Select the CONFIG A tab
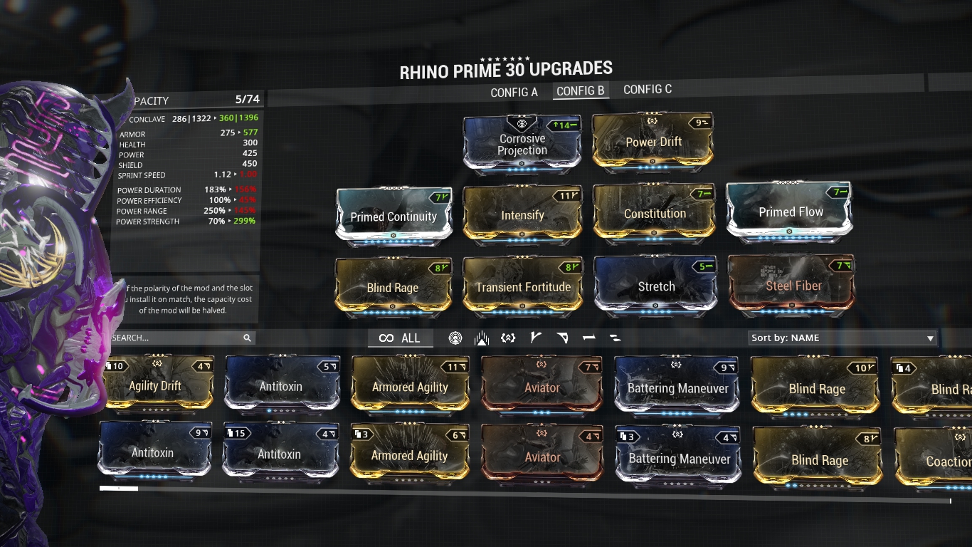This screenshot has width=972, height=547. click(514, 93)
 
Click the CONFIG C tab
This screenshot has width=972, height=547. click(648, 89)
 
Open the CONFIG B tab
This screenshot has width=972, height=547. click(581, 91)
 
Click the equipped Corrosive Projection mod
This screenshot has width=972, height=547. click(522, 145)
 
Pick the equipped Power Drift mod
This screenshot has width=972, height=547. click(653, 142)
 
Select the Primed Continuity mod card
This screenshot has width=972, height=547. click(393, 217)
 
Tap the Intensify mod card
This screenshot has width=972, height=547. click(522, 215)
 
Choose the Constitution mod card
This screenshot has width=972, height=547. click(655, 214)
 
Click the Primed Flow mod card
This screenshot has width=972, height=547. click(791, 212)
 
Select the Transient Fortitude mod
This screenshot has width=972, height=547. click(523, 287)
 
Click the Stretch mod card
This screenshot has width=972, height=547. click(655, 286)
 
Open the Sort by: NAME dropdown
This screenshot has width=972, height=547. click(843, 338)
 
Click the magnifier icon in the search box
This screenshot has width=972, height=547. click(247, 338)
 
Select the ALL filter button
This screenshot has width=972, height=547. click(400, 338)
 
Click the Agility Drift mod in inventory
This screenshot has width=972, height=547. click(155, 386)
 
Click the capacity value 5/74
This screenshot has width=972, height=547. click(248, 99)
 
